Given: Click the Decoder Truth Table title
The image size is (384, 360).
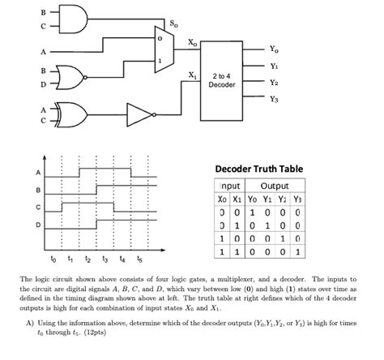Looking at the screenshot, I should click(258, 169).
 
